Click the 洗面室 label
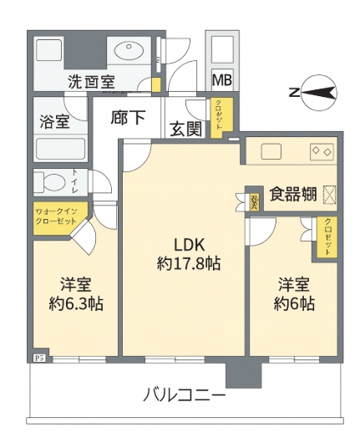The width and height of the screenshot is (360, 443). (92, 82)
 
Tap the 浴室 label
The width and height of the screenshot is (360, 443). (54, 121)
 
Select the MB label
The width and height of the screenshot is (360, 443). (221, 80)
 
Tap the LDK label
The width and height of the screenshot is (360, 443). (189, 244)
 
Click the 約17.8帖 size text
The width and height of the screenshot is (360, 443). (189, 263)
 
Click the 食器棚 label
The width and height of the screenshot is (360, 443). (292, 195)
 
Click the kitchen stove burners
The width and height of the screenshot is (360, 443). (322, 152)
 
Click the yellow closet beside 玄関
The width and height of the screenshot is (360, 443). (215, 117)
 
